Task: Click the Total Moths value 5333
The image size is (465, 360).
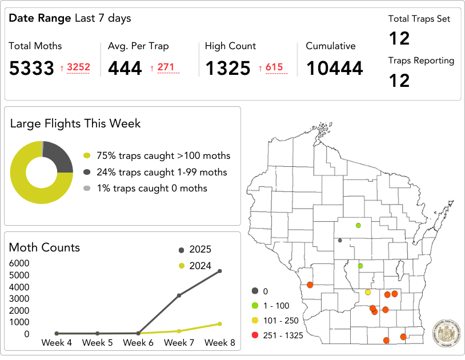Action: pyautogui.click(x=31, y=69)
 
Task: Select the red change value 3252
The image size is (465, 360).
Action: pyautogui.click(x=78, y=67)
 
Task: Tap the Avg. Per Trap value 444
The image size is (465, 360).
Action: pyautogui.click(x=125, y=69)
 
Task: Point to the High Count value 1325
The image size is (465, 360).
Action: pyautogui.click(x=228, y=69)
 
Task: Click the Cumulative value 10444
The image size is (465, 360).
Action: pyautogui.click(x=334, y=69)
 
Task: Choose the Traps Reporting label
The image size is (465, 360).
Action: pyautogui.click(x=421, y=61)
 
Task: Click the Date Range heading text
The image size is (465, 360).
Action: pyautogui.click(x=70, y=18)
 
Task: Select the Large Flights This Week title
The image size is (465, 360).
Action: pyautogui.click(x=75, y=123)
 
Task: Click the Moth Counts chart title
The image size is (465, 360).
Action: pyautogui.click(x=45, y=247)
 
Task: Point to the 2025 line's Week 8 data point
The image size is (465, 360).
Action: pyautogui.click(x=220, y=271)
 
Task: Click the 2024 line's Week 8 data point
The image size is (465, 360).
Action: pyautogui.click(x=220, y=324)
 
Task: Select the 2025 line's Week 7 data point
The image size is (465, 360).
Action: pyautogui.click(x=179, y=295)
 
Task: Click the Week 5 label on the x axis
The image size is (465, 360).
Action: pyautogui.click(x=97, y=343)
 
